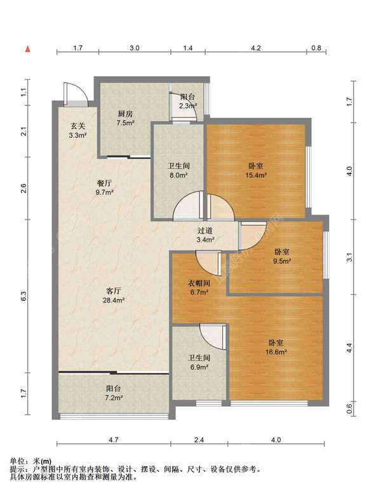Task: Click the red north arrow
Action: [28, 49]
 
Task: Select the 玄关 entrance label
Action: [77, 126]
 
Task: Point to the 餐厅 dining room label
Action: [105, 183]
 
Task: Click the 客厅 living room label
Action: [113, 290]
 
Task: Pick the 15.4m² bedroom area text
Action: [255, 174]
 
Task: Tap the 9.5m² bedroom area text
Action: [283, 261]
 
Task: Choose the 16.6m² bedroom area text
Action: [276, 351]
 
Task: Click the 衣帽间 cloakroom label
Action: [199, 283]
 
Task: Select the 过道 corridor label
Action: [205, 231]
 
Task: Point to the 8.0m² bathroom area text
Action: [179, 175]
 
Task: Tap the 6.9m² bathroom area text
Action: [199, 367]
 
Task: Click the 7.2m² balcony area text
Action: [114, 398]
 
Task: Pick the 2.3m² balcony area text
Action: [188, 106]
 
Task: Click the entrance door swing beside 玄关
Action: [76, 94]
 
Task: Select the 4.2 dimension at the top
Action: [255, 48]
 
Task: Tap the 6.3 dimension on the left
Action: [23, 296]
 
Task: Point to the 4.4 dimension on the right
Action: [349, 348]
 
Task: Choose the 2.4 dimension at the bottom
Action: [199, 440]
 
